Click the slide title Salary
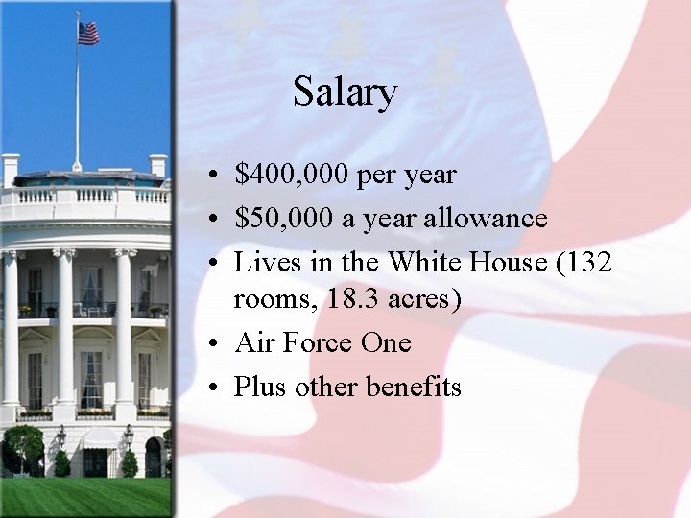point(345,92)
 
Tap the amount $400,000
point(293,176)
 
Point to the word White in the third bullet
point(430,261)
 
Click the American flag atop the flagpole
point(88,34)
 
